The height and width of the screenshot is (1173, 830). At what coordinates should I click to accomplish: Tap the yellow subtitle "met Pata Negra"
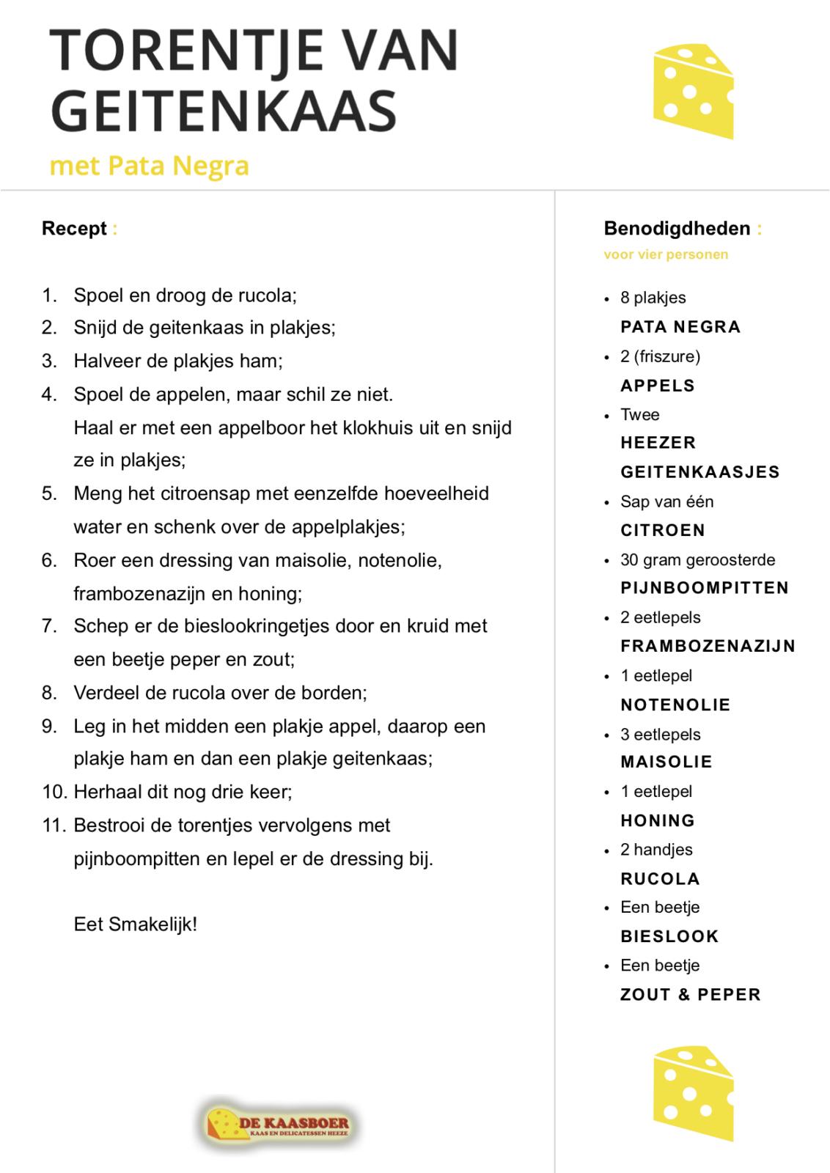pyautogui.click(x=149, y=166)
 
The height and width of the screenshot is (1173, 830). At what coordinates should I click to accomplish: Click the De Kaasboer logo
pyautogui.click(x=276, y=1124)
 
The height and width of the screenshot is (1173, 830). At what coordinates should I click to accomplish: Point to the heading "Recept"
pyautogui.click(x=74, y=229)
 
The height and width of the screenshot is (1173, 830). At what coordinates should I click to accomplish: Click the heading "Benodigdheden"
pyautogui.click(x=677, y=229)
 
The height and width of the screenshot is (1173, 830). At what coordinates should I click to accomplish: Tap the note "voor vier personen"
pyautogui.click(x=666, y=254)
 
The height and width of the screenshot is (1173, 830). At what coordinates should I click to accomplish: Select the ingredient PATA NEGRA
pyautogui.click(x=680, y=327)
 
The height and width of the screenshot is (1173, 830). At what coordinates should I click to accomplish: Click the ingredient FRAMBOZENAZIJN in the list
pyautogui.click(x=708, y=646)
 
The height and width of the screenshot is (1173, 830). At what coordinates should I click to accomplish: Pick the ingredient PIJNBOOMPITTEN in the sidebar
pyautogui.click(x=704, y=588)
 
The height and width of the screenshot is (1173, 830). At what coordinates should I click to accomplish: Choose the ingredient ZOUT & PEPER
pyautogui.click(x=690, y=995)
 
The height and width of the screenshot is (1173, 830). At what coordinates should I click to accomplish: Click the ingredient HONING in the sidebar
pyautogui.click(x=657, y=820)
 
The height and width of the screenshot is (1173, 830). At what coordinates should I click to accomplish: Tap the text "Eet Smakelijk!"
pyautogui.click(x=136, y=924)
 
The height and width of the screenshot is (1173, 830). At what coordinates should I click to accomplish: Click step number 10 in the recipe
pyautogui.click(x=55, y=792)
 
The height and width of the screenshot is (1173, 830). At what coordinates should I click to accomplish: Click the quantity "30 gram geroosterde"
pyautogui.click(x=697, y=560)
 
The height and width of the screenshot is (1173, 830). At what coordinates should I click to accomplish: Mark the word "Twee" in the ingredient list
pyautogui.click(x=639, y=415)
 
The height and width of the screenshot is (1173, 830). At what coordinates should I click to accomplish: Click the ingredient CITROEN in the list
pyautogui.click(x=662, y=530)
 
